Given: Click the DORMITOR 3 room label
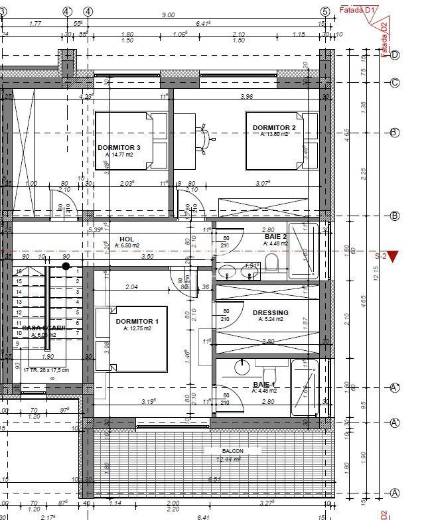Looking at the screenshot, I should click(119, 147).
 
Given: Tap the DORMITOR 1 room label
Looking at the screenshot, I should click(137, 322).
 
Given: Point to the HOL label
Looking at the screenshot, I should click(127, 239).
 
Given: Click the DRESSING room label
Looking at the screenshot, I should click(270, 312).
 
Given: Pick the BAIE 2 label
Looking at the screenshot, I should click(275, 236).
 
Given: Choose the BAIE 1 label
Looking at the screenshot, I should click(264, 384).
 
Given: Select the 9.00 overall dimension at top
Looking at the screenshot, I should click(168, 15).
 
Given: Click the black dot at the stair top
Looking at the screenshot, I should click(66, 266).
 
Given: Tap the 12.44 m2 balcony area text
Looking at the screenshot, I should click(228, 458).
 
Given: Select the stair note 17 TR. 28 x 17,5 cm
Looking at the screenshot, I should click(46, 370).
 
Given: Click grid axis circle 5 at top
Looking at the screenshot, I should click(324, 11).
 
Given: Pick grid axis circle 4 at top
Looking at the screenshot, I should click(67, 11).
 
